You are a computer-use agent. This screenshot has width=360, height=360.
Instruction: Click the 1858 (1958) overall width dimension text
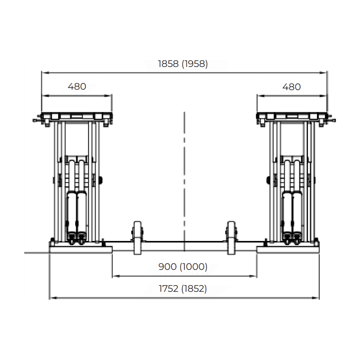pyautogui.click(x=183, y=64)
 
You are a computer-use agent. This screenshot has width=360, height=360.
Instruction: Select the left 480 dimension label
pyautogui.click(x=77, y=87)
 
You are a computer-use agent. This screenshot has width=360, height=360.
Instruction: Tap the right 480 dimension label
pyautogui.click(x=291, y=87)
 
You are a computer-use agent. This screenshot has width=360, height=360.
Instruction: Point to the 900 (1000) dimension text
pyautogui.click(x=183, y=267)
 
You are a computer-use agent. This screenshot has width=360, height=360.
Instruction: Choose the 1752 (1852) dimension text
pyautogui.click(x=183, y=289)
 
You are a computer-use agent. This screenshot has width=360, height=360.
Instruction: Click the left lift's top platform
pyautogui.click(x=77, y=116)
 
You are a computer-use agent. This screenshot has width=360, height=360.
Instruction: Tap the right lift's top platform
pyautogui.click(x=292, y=116)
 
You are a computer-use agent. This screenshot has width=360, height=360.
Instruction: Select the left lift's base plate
pyautogui.click(x=80, y=248)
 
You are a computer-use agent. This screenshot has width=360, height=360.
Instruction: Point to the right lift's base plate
pyautogui.click(x=288, y=248)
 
